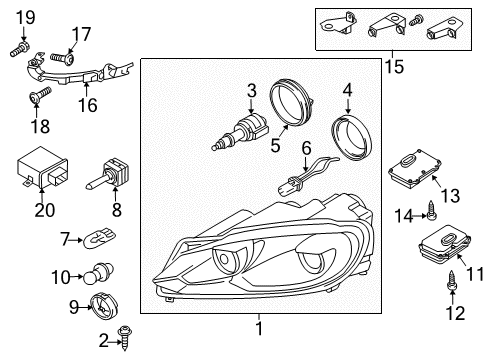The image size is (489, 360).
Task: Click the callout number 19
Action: tap(26, 18)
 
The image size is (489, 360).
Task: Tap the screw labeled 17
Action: tap(63, 58)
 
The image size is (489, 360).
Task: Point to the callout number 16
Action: tap(88, 105)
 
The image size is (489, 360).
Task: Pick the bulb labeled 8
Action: tap(109, 174)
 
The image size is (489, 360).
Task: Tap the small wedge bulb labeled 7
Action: tap(100, 238)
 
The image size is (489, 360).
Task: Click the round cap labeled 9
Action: tap(104, 307)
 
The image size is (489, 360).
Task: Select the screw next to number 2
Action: tap(126, 337)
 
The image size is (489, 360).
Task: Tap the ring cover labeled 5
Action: tap(292, 102)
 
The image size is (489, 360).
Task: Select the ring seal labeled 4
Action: tap(351, 138)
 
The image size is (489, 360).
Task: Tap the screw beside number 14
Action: tap(431, 210)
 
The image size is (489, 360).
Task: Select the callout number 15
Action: tap(394, 66)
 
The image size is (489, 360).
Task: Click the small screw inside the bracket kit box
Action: tap(416, 20)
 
